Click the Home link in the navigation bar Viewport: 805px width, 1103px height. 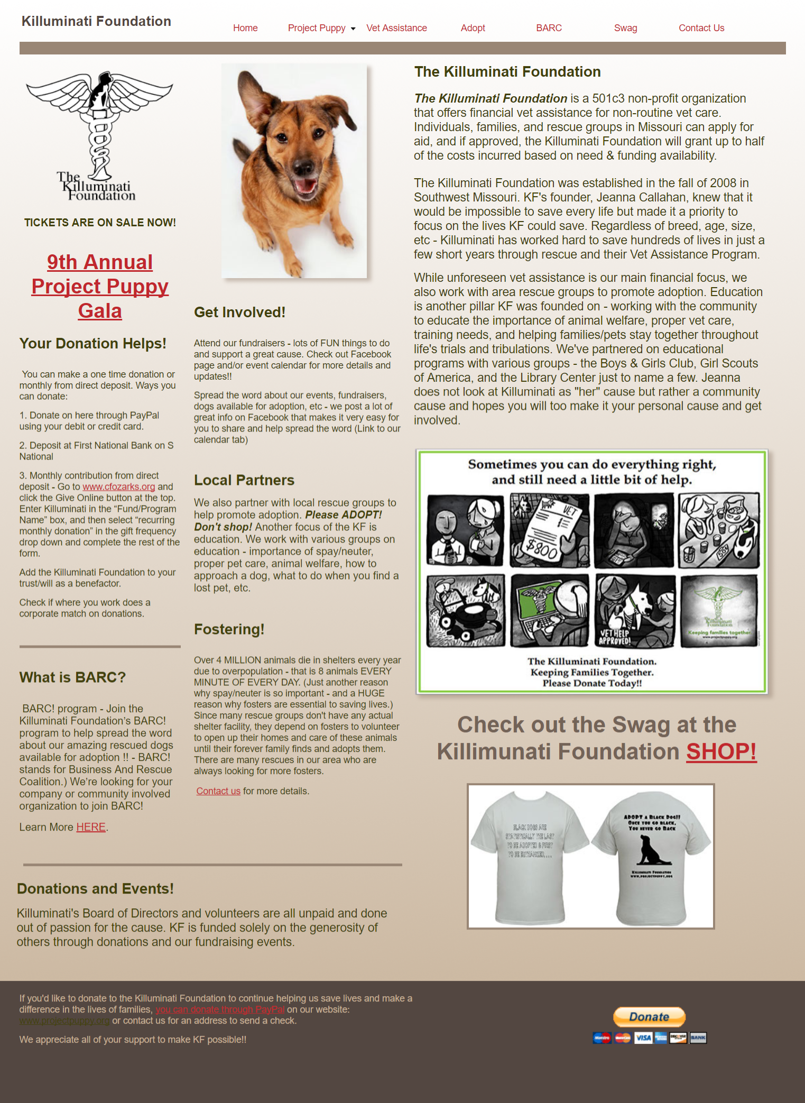tap(245, 28)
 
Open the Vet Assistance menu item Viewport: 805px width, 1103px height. tap(396, 28)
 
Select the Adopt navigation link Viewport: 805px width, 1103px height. tap(473, 28)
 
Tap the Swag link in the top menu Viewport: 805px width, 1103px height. tap(625, 28)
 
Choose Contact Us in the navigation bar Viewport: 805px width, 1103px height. tap(701, 28)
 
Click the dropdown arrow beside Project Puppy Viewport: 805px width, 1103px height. tap(353, 29)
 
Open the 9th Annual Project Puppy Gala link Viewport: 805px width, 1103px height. tap(100, 286)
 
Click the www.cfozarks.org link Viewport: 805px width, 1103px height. tap(118, 486)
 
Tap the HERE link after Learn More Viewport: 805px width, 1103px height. tap(91, 827)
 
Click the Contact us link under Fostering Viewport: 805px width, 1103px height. tap(218, 791)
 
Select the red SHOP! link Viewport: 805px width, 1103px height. tap(721, 751)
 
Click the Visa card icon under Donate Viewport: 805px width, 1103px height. tap(643, 1037)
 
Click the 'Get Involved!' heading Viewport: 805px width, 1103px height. tap(239, 312)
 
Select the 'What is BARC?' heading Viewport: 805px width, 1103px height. tap(72, 677)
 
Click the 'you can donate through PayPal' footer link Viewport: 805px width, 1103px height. tap(220, 1009)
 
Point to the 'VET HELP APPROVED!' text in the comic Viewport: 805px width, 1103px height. tap(614, 637)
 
